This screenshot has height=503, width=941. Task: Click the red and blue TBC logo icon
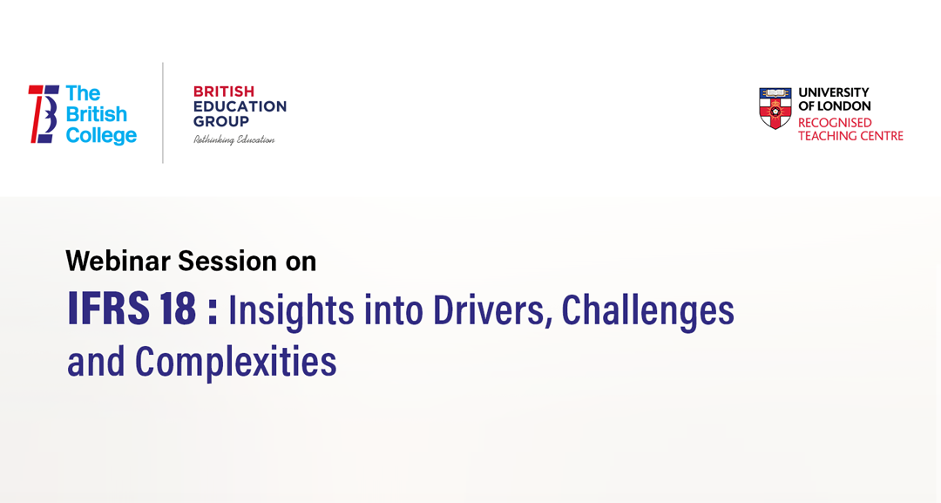(44, 114)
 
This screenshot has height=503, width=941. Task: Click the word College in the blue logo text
(101, 136)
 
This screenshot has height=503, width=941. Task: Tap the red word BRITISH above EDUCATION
(224, 92)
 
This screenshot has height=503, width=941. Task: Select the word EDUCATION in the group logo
(240, 106)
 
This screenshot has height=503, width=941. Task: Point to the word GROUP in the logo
(221, 121)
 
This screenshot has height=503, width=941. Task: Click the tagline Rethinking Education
(234, 139)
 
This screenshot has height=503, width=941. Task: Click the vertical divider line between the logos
(163, 112)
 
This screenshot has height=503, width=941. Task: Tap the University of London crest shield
(775, 107)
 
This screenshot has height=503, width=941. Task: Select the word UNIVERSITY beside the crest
(834, 92)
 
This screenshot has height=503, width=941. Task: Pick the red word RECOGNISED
(835, 122)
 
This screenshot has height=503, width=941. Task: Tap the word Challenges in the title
(647, 311)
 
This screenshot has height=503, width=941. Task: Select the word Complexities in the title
(235, 362)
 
